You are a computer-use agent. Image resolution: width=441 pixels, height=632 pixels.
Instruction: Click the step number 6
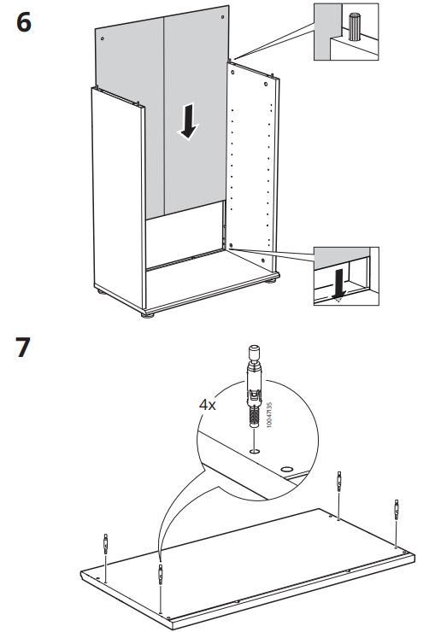click(24, 22)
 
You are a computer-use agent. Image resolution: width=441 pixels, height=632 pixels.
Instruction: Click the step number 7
click(23, 348)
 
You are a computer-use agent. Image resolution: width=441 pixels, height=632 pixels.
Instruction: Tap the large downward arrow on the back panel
click(188, 121)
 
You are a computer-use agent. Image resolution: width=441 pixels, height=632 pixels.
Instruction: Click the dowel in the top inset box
click(355, 27)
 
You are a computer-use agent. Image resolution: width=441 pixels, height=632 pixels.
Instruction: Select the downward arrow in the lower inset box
click(339, 285)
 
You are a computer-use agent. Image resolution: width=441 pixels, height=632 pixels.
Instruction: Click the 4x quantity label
click(208, 405)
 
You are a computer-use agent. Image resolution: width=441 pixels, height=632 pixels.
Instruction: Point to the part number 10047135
click(269, 414)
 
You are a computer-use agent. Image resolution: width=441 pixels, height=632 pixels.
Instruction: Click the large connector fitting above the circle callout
click(254, 385)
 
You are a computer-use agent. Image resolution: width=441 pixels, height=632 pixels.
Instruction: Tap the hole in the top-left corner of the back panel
click(103, 38)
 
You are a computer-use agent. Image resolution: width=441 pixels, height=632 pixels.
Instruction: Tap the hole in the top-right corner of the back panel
click(222, 17)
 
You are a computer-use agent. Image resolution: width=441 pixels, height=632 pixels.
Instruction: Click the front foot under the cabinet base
click(148, 315)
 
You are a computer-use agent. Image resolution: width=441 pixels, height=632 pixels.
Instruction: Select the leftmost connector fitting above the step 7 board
click(106, 544)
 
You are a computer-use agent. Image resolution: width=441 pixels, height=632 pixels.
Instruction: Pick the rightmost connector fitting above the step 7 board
click(397, 509)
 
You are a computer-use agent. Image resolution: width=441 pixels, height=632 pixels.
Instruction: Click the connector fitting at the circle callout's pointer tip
click(161, 574)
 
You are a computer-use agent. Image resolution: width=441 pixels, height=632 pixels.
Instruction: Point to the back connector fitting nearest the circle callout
click(339, 481)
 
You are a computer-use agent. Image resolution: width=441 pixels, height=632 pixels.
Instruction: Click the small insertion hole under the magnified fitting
click(254, 451)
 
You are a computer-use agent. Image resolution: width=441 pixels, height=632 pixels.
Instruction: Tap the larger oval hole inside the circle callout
click(286, 469)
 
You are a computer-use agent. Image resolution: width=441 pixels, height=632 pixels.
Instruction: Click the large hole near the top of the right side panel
click(266, 85)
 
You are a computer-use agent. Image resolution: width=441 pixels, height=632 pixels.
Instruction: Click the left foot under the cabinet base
click(101, 291)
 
